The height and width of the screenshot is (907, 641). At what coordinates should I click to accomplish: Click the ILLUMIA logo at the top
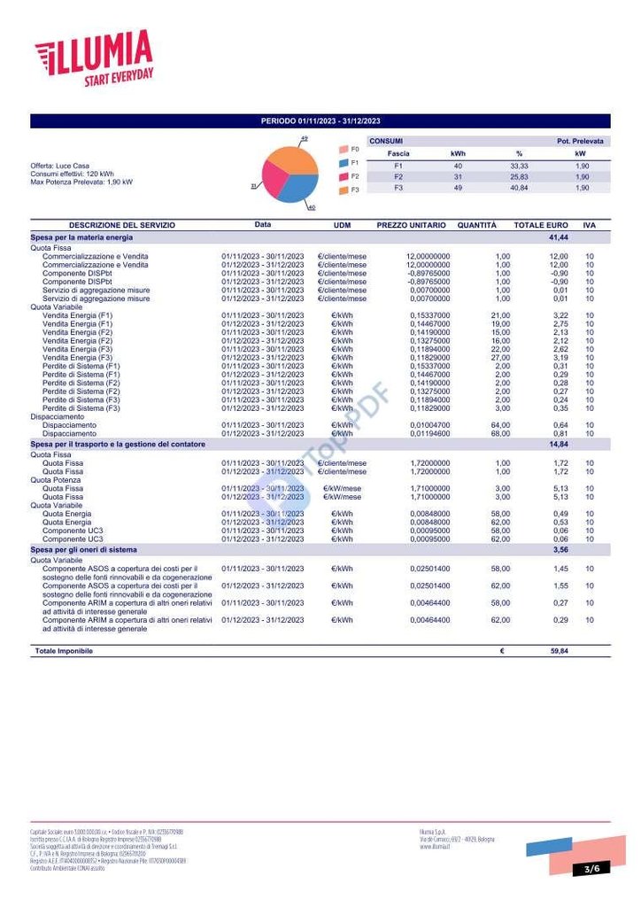pos(94,58)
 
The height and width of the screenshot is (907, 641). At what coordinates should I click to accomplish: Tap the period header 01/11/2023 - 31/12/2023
pos(320,121)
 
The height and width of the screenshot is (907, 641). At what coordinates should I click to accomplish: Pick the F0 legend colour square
pos(343,150)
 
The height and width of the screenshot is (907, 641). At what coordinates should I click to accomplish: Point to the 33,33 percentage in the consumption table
pos(519,166)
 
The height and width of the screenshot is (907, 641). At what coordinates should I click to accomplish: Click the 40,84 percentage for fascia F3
pos(519,188)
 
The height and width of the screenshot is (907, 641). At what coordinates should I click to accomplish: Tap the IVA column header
pos(590,226)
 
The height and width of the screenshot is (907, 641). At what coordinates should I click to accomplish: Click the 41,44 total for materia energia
pos(558,238)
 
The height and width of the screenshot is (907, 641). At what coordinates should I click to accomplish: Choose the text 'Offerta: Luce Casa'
pos(59,166)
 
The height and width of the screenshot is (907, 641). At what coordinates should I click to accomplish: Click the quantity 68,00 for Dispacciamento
pos(501,434)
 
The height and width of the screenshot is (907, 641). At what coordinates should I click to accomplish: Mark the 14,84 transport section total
pos(558,444)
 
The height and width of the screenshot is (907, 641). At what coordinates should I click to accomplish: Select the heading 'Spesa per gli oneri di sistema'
pos(83,550)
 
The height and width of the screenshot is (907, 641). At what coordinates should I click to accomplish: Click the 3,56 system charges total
pos(560,550)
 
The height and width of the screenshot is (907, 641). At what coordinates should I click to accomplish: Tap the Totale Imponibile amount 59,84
pos(558,651)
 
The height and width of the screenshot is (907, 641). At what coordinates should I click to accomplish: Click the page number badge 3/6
pos(591,869)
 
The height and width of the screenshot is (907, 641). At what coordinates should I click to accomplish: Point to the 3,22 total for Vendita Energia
pos(560,315)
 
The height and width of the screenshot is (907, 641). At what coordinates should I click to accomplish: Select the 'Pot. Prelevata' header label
pos(580,141)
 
